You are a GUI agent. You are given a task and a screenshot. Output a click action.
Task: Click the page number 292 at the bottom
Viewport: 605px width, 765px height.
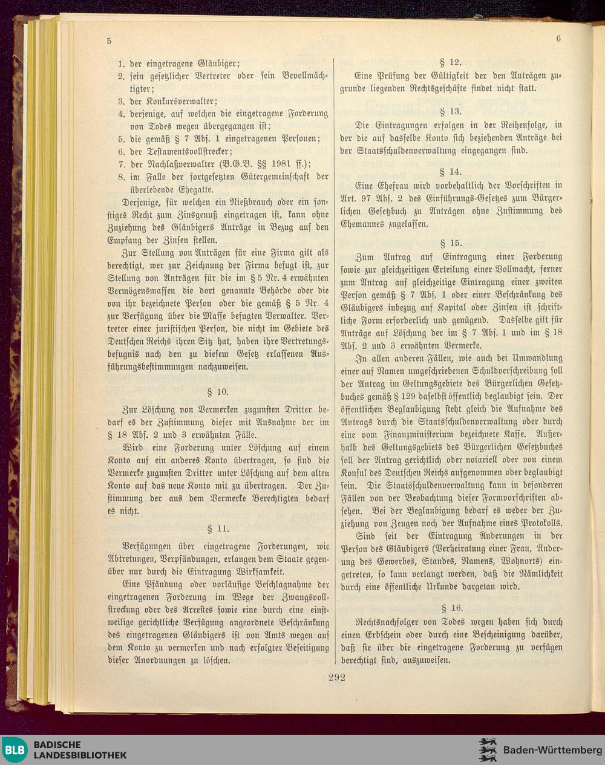click(336, 677)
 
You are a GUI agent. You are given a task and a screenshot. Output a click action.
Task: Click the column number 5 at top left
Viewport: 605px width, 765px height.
click(109, 41)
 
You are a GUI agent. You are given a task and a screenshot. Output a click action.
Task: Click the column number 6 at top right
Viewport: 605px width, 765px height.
click(558, 38)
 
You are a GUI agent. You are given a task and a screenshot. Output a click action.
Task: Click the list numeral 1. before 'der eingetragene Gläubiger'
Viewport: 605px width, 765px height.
click(121, 63)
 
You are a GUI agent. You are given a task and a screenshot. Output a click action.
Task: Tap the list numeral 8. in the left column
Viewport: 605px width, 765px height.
click(121, 177)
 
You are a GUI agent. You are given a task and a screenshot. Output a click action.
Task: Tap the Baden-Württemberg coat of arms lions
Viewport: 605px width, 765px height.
click(488, 750)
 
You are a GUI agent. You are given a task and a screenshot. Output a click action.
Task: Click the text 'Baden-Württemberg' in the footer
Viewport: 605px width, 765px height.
click(549, 750)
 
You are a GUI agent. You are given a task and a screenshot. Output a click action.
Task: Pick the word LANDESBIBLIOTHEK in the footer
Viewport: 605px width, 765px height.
click(80, 755)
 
